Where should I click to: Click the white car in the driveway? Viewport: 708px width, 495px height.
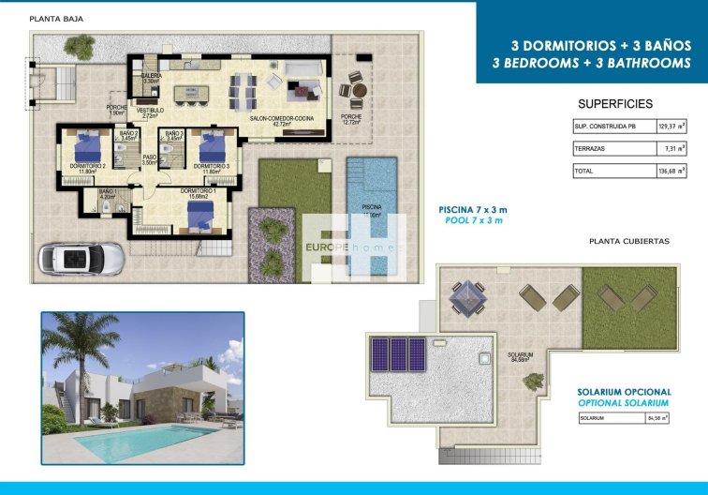tap(80, 257)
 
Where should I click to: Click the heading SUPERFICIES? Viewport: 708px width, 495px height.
tap(615, 104)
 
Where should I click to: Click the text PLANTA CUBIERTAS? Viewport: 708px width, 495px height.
tap(628, 241)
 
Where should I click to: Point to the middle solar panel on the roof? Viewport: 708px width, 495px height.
tap(398, 354)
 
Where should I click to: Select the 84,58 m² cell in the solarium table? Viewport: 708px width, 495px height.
tap(656, 418)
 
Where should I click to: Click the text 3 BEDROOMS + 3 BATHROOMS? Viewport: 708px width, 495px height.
tap(591, 64)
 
